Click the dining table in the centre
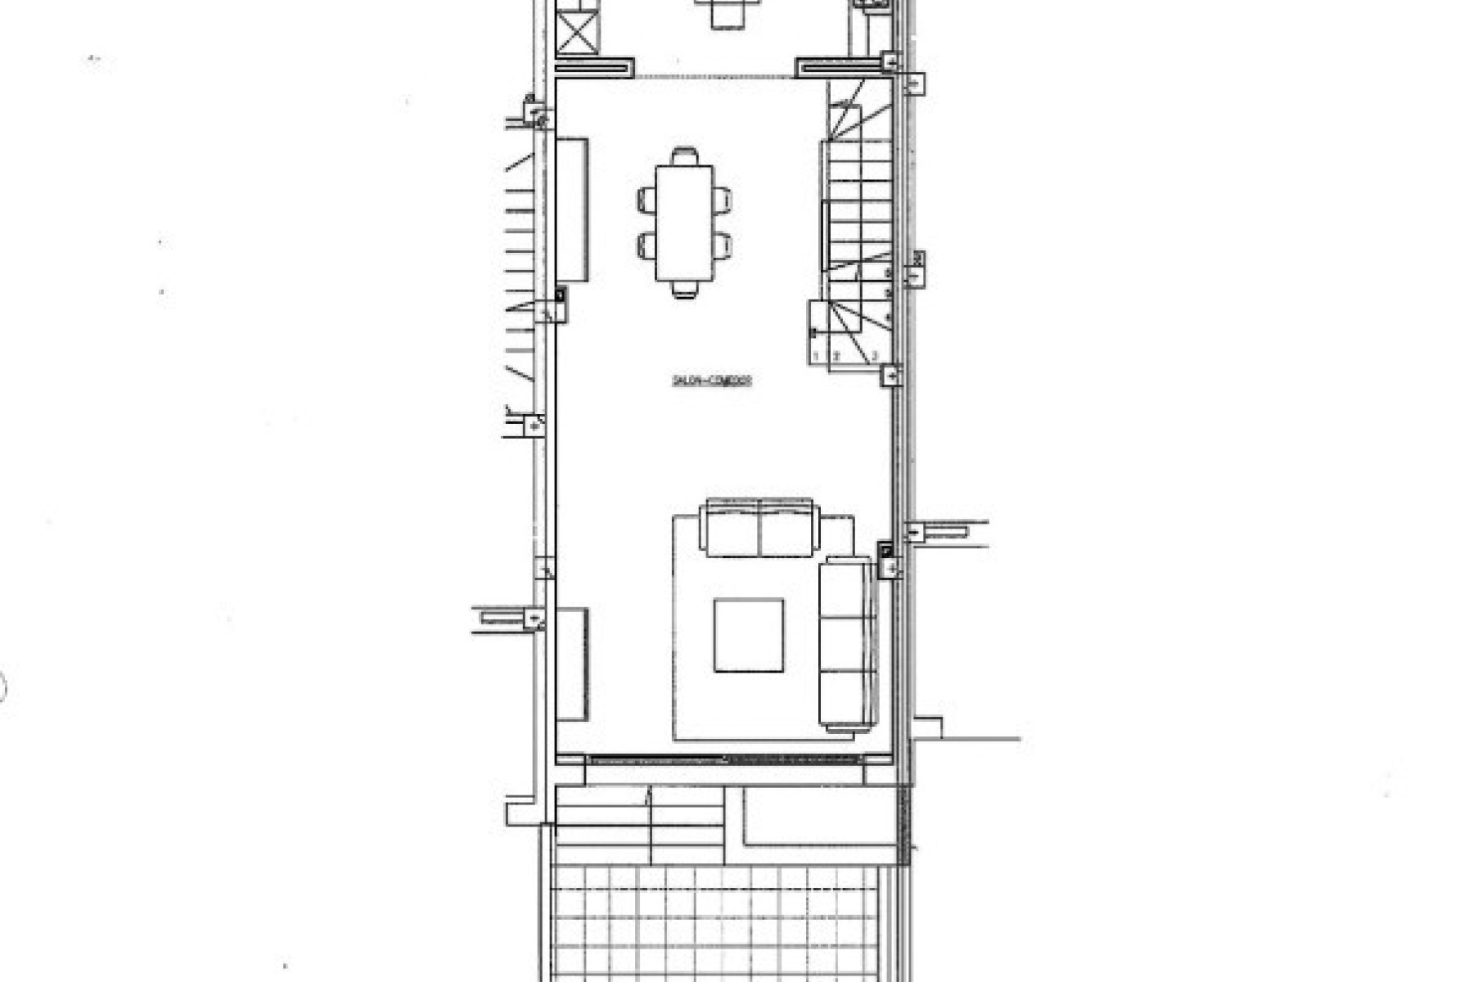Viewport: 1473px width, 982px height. [684, 223]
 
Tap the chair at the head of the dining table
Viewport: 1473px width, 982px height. [685, 155]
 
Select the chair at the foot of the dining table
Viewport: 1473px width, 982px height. [685, 289]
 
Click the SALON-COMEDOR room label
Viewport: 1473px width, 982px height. [711, 381]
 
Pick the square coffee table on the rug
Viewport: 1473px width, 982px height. [748, 635]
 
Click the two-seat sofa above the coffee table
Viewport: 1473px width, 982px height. [759, 528]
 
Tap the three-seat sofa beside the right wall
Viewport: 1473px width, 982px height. [847, 643]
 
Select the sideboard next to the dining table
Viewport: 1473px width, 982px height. [572, 210]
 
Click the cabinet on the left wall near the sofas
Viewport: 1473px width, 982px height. [572, 664]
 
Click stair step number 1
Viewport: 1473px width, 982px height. [817, 356]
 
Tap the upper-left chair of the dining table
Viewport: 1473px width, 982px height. [646, 200]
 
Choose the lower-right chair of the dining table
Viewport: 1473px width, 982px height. [721, 245]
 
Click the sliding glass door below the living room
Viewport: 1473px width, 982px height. [724, 760]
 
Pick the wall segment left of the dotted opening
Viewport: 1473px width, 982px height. [595, 67]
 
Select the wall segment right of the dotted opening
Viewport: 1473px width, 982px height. [839, 67]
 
